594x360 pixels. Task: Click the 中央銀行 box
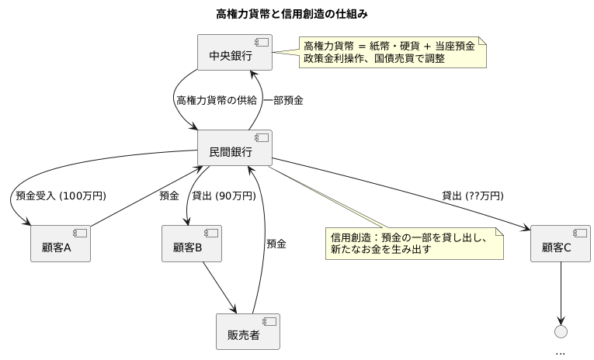tap(235, 54)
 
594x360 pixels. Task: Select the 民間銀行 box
tap(235, 148)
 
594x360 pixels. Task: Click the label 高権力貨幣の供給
tap(216, 100)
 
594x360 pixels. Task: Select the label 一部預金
tap(283, 100)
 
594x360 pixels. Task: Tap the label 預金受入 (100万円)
tap(61, 196)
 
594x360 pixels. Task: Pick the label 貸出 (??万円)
tap(472, 196)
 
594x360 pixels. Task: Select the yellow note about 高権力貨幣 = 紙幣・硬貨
tap(393, 52)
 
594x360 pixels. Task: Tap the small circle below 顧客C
tap(561, 331)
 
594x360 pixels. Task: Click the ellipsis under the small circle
tap(561, 351)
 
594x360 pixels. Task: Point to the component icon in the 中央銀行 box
tap(262, 43)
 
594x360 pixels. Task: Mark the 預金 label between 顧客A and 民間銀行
tap(169, 196)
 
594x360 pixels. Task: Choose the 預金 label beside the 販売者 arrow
tap(276, 244)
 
